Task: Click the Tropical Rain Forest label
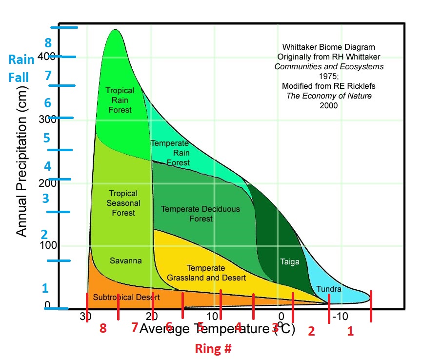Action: [120, 100]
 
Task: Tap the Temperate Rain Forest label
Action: [170, 153]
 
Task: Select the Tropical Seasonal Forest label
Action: [123, 203]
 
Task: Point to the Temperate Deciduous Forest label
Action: [201, 214]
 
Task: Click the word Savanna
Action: [125, 261]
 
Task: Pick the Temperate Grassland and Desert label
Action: [206, 273]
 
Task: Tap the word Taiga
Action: [287, 261]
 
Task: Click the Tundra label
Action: [329, 289]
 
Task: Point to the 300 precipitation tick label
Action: [48, 119]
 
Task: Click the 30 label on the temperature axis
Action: [85, 317]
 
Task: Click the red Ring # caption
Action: [213, 349]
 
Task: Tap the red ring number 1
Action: [349, 332]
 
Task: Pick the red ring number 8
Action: [103, 329]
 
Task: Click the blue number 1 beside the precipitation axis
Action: [45, 288]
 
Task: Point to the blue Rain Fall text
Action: [21, 68]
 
